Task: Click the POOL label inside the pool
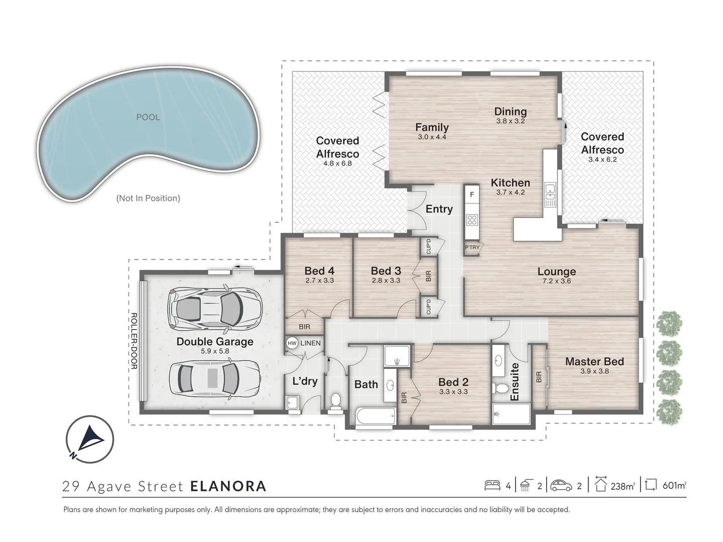coord(148,117)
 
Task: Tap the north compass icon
coord(90,439)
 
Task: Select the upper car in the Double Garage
coord(215,307)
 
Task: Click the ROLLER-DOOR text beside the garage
coord(134,341)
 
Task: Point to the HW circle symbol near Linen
coord(292,343)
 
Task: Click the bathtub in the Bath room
coord(375,417)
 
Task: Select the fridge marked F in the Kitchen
coord(472,194)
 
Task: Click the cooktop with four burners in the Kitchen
coord(472,219)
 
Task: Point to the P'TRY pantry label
coord(472,247)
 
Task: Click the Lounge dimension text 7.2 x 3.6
coord(556,281)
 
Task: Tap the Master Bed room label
coord(594,361)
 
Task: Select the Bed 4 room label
coord(319,271)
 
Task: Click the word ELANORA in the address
coord(228,486)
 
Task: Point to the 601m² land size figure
coord(674,486)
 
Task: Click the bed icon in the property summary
coord(492,485)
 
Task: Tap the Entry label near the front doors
coord(439,209)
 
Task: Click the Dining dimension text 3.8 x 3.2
coord(510,121)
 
